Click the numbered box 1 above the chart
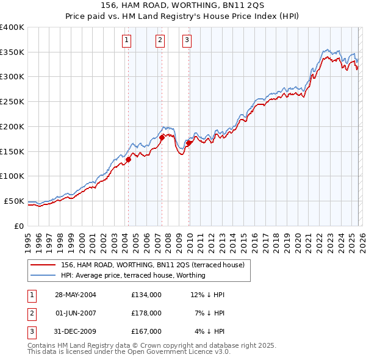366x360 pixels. pos(126,41)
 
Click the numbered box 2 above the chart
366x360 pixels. pos(160,41)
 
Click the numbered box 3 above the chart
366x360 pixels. pos(187,41)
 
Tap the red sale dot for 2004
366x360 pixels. pos(129,160)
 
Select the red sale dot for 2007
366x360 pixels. pos(162,138)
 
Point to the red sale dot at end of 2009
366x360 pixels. pos(189,143)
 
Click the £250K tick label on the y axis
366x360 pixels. pos(12,102)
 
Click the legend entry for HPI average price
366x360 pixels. pos(133,276)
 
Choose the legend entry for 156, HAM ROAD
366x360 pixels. pos(152,265)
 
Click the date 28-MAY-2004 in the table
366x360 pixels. pos(76,295)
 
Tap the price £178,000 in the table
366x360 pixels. pos(146,313)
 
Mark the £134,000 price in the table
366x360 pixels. pos(146,295)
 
